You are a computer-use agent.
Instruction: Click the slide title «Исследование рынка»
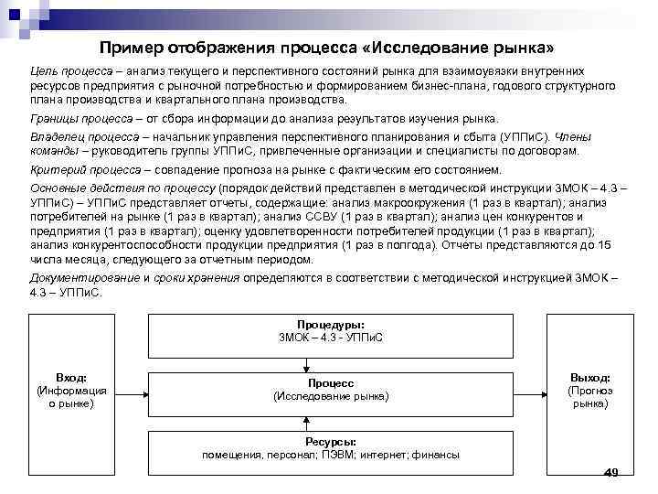tap(329, 48)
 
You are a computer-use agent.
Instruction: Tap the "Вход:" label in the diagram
tap(71, 378)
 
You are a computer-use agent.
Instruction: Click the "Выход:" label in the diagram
tap(590, 378)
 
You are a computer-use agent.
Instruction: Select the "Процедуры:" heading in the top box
tap(330, 325)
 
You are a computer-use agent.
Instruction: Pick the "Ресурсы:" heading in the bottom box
tap(330, 441)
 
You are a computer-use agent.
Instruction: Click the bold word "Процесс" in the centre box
tap(331, 383)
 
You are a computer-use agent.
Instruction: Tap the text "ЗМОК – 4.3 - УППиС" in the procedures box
tap(330, 338)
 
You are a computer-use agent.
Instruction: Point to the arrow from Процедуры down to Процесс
tap(330, 360)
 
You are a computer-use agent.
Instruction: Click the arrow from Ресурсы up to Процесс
tap(330, 419)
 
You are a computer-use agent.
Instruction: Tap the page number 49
tap(611, 472)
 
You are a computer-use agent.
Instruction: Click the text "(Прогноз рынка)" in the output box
tap(590, 396)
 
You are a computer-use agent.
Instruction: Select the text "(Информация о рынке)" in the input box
tap(71, 396)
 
